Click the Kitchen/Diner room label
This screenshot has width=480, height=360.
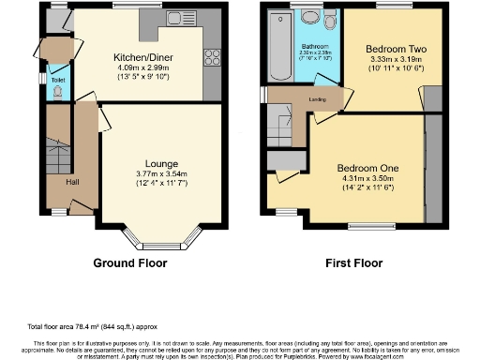tap(135, 57)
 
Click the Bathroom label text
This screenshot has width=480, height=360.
tap(312, 46)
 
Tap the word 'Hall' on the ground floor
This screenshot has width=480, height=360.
tap(71, 182)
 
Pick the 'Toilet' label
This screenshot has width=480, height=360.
tap(58, 81)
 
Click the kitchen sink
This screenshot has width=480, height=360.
tap(175, 18)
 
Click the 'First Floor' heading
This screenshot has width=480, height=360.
tap(352, 263)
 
